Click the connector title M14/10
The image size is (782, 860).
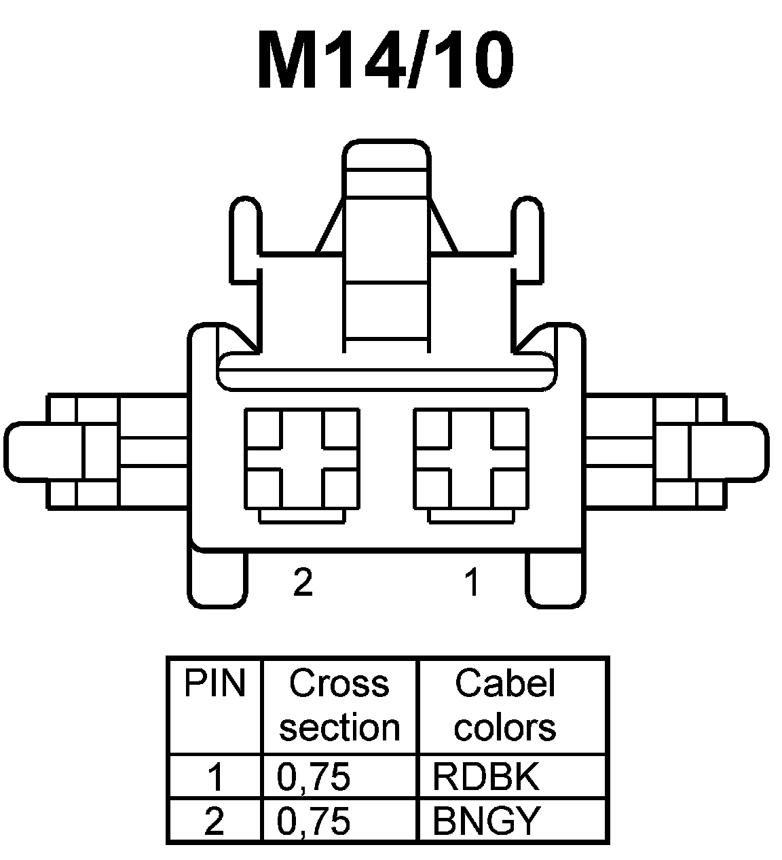386,59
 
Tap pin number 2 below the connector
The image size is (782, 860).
303,582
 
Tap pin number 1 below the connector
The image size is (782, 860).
472,582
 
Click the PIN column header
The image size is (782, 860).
215,684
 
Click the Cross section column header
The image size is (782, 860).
339,705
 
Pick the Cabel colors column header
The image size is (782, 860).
506,705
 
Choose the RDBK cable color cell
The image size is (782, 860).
485,777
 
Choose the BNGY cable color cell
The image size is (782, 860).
485,821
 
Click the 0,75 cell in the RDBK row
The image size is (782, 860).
314,777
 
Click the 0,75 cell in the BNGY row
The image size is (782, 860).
314,821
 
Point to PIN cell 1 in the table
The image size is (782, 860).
215,777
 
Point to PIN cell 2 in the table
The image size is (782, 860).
215,821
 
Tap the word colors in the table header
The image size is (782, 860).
506,727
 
